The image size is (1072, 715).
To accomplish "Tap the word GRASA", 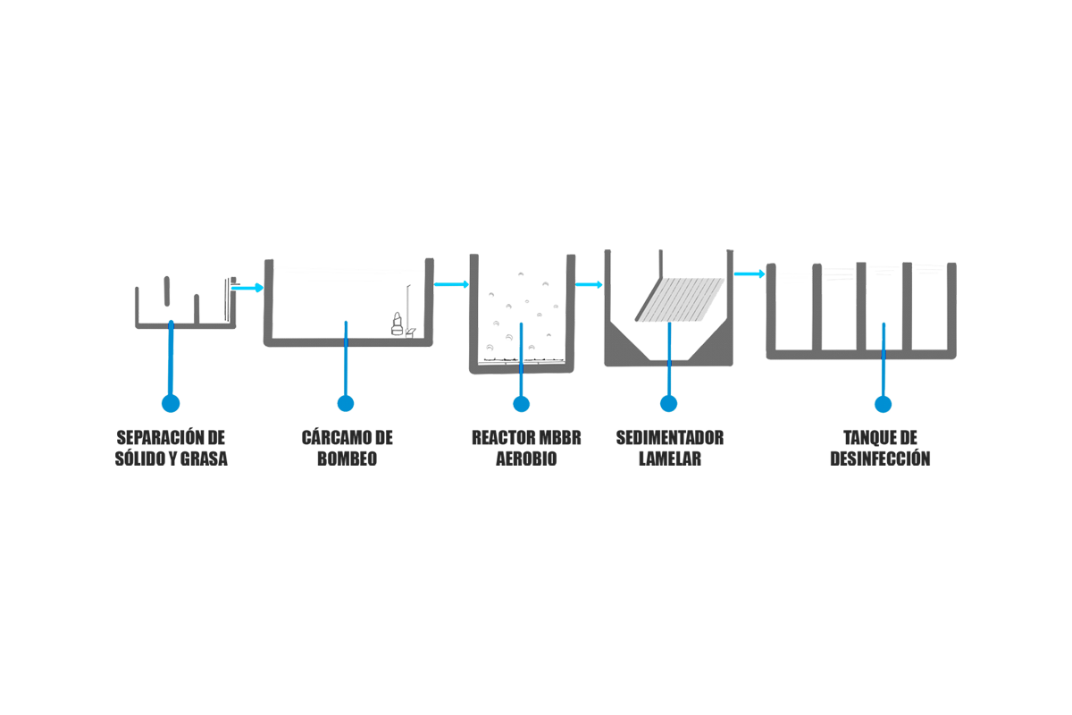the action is click(204, 458).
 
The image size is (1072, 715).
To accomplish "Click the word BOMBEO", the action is click(347, 458).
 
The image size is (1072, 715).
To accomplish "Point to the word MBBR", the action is click(560, 437).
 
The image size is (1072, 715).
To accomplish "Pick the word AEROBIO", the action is click(526, 458).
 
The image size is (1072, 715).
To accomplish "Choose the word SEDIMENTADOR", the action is click(669, 437).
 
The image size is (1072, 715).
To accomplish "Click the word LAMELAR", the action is click(669, 458).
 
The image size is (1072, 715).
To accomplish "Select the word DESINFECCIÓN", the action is click(880, 458).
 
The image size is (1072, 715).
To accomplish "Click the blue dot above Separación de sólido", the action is click(171, 403).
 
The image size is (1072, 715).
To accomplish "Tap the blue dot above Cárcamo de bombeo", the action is click(346, 403).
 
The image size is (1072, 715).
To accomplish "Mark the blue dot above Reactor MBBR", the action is click(521, 404).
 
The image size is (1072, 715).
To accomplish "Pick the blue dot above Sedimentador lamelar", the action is click(668, 403).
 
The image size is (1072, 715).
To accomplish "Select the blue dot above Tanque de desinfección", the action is click(883, 404).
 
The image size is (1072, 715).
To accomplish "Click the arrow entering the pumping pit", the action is click(247, 288).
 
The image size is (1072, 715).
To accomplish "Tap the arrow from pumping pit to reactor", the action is click(451, 284).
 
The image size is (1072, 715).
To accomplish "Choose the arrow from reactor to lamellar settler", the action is click(589, 285).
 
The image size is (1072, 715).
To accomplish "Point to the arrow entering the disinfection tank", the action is click(750, 273).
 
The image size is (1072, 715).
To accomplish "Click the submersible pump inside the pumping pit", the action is click(397, 324).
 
